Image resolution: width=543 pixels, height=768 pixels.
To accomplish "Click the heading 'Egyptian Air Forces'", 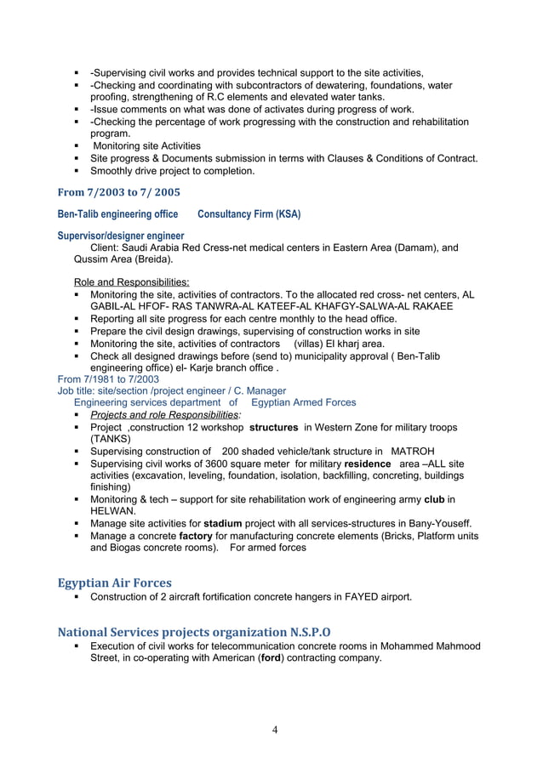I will (x=114, y=583).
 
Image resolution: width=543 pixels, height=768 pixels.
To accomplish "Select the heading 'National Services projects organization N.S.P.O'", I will (x=194, y=632).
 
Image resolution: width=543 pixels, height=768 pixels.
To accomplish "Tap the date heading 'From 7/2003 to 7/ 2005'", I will (x=118, y=191).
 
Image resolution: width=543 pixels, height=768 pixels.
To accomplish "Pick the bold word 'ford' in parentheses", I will (x=274, y=658).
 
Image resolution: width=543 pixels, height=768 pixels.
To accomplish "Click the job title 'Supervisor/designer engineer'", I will (x=120, y=236).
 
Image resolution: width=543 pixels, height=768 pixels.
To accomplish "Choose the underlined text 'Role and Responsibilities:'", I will (x=132, y=282).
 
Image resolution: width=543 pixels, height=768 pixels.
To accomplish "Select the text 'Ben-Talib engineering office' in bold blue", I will (x=117, y=213).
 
